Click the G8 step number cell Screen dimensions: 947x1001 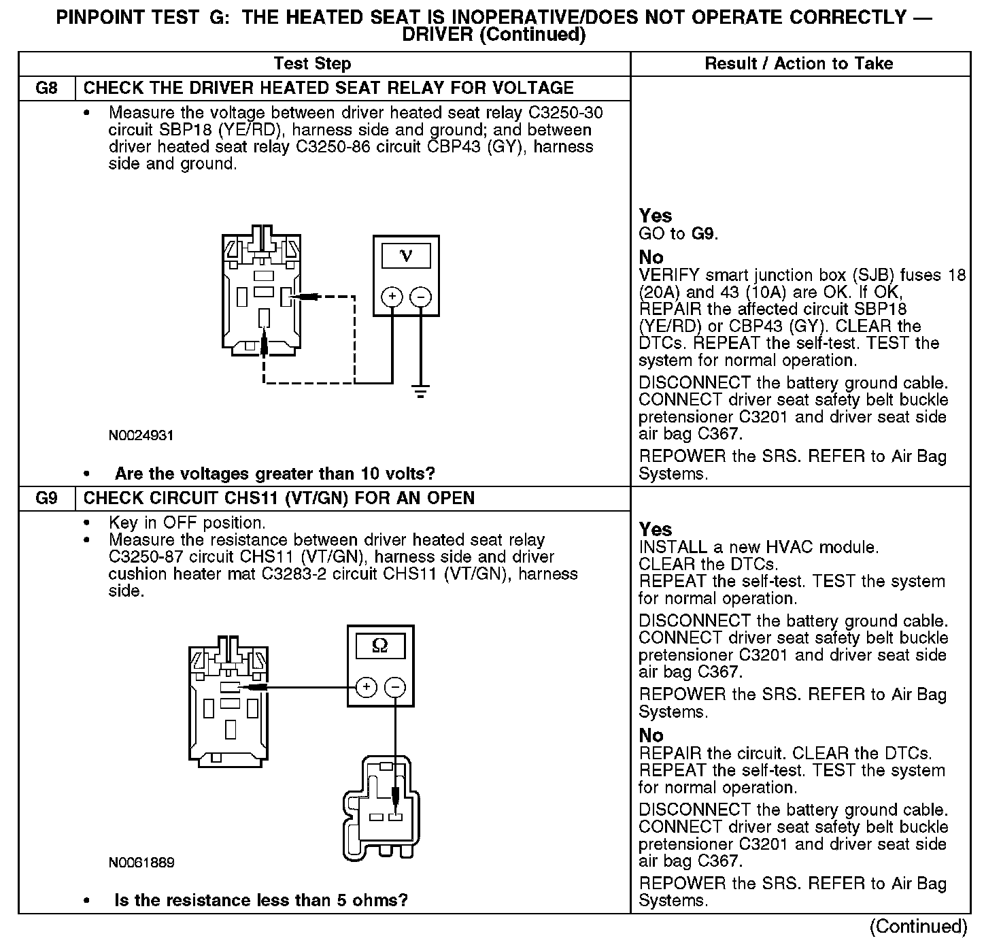[46, 88]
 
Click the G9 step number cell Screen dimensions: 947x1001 [46, 499]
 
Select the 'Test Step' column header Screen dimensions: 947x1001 [312, 64]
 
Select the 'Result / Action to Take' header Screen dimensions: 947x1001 [799, 64]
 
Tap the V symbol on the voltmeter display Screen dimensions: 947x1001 [406, 256]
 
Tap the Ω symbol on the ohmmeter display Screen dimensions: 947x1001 [380, 646]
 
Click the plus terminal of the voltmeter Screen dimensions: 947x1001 [392, 297]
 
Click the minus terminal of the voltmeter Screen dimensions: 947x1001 [421, 297]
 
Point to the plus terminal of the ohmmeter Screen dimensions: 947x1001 [366, 687]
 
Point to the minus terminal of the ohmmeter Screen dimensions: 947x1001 [395, 687]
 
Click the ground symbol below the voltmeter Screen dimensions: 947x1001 [421, 392]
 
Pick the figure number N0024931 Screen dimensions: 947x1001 [141, 435]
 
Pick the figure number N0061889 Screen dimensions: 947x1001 [141, 863]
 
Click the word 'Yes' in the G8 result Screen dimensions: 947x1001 [656, 216]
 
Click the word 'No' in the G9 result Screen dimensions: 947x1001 [651, 735]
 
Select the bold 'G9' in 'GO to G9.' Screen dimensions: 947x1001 [703, 234]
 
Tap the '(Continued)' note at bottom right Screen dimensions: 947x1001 [918, 927]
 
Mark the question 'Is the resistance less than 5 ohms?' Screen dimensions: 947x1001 [261, 901]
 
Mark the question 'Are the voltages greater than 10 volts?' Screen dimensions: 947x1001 [275, 473]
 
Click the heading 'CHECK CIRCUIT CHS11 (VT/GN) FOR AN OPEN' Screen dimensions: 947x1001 [279, 499]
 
